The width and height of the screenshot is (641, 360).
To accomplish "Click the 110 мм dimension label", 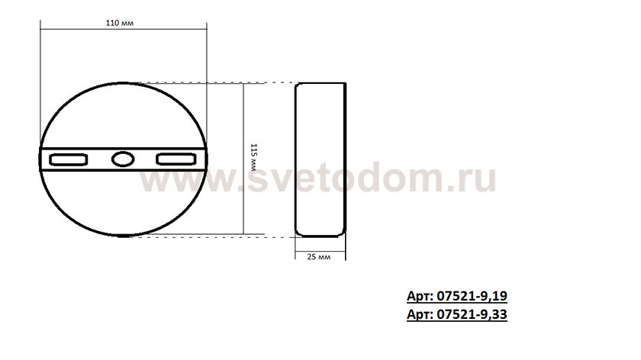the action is pos(119,23).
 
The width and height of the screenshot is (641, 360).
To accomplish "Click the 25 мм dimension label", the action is pos(319,256).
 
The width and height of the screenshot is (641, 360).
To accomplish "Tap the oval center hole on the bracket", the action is pos(123,159).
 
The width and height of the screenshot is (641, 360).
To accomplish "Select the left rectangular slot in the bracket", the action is pos(68,159).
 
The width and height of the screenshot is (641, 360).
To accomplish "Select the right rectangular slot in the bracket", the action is pos(176,159).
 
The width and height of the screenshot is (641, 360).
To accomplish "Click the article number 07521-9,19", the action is pos(472,295).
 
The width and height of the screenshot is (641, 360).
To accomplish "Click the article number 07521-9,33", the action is pos(472,314).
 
